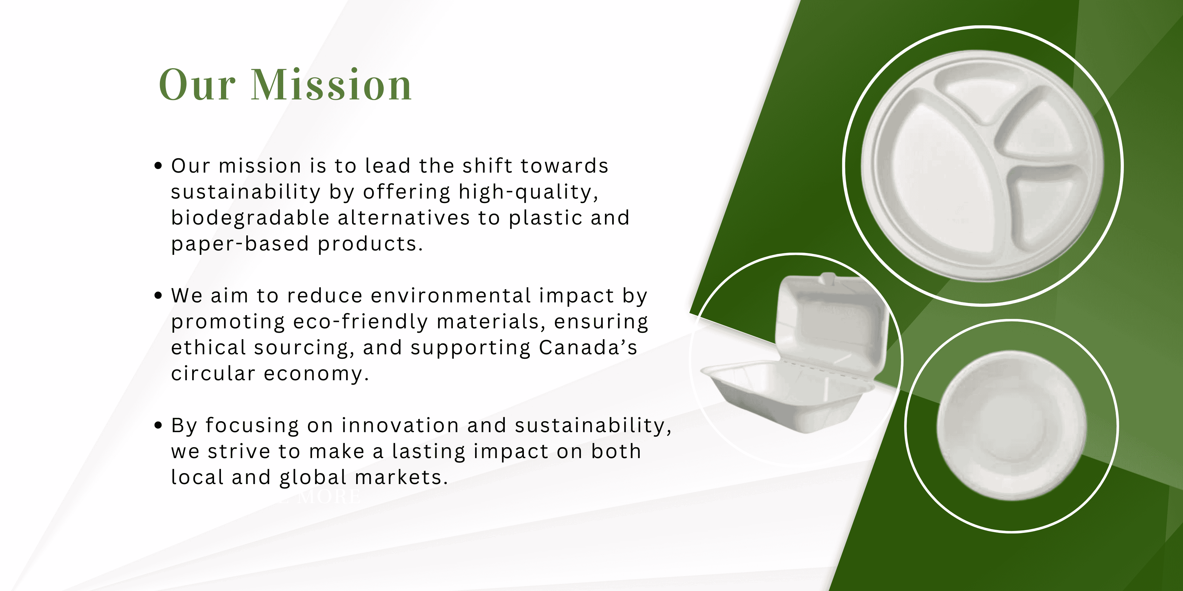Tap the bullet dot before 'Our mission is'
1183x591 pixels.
(x=158, y=166)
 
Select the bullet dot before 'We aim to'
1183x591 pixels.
(x=158, y=295)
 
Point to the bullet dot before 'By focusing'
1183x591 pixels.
(x=158, y=425)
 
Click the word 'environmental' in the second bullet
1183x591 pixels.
(x=451, y=296)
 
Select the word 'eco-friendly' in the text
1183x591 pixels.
(x=361, y=322)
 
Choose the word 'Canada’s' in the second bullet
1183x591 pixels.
(x=588, y=348)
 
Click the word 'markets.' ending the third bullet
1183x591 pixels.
(x=401, y=477)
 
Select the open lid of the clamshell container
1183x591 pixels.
(x=832, y=321)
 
